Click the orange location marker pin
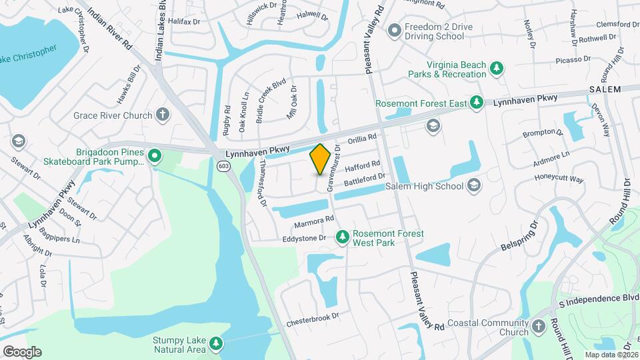(321, 159)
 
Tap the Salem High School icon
(474, 185)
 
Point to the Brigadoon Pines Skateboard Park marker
(155, 156)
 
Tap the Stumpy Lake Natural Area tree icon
(215, 343)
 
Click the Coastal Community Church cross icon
(539, 327)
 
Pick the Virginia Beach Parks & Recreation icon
(496, 68)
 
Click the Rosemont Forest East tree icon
(476, 103)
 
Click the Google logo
(21, 351)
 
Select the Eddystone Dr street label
(303, 238)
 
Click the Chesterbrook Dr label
(313, 319)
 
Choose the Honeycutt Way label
(559, 179)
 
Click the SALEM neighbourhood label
(605, 89)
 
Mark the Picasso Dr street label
(573, 59)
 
